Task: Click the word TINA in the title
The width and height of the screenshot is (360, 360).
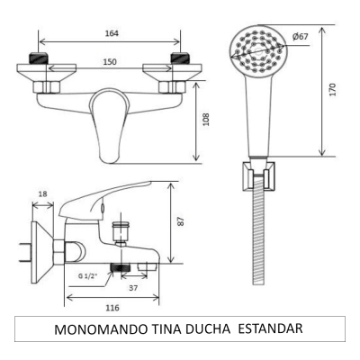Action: (158, 329)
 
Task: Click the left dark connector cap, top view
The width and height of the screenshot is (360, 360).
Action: (40, 61)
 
